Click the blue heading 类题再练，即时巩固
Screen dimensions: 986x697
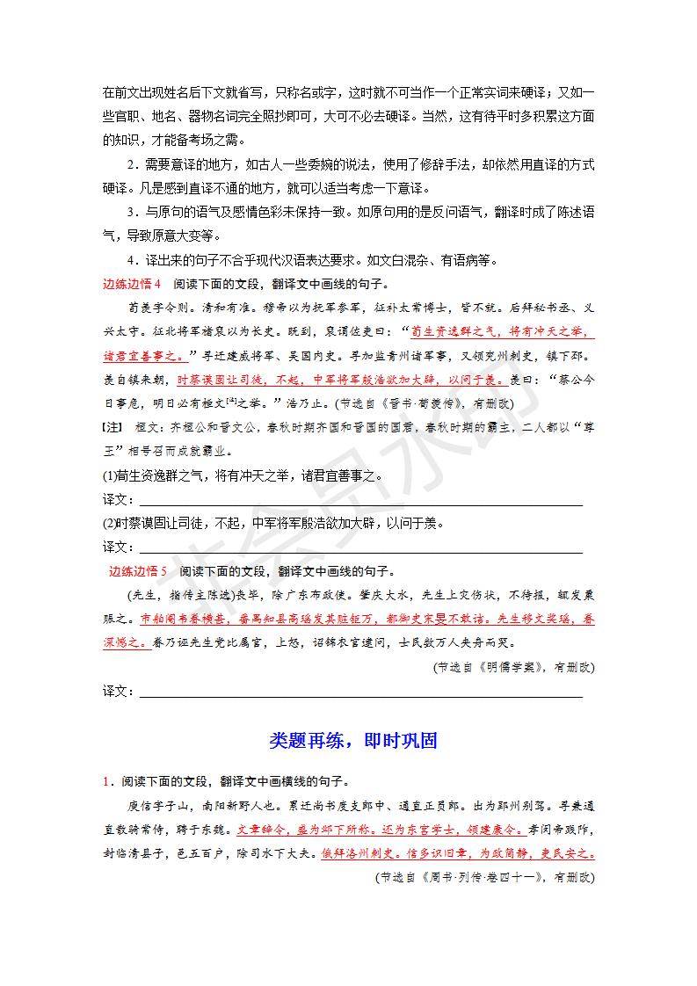click(x=353, y=741)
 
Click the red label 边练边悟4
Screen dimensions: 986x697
click(x=132, y=284)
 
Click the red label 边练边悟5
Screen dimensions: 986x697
click(x=137, y=570)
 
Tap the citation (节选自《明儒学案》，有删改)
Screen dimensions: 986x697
click(x=514, y=667)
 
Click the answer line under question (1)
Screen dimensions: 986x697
click(x=360, y=503)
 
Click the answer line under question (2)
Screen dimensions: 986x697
click(x=360, y=550)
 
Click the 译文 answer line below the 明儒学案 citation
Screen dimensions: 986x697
click(x=360, y=694)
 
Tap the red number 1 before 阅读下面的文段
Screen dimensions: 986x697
click(x=104, y=779)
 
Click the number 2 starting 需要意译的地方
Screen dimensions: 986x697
click(x=131, y=165)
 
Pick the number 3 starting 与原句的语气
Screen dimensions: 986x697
click(x=131, y=213)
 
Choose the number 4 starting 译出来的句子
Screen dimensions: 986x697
click(x=131, y=260)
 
